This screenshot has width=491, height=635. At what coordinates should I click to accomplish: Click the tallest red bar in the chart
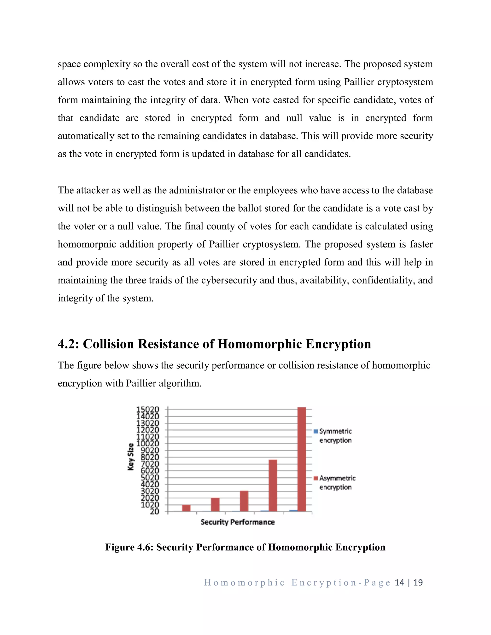point(302,459)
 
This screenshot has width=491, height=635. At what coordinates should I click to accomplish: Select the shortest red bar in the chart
point(186,508)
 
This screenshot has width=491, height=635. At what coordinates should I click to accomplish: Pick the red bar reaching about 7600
point(273,485)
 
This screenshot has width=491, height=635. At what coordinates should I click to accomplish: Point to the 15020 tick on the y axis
point(148,409)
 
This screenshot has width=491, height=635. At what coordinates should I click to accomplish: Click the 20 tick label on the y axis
point(154,512)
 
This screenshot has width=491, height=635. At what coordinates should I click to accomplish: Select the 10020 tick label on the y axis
point(148,443)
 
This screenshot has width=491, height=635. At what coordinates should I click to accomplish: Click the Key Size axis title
point(131,457)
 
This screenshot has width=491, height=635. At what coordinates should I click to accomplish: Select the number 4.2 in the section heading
point(67,344)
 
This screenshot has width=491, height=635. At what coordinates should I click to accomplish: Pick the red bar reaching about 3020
point(244,501)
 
